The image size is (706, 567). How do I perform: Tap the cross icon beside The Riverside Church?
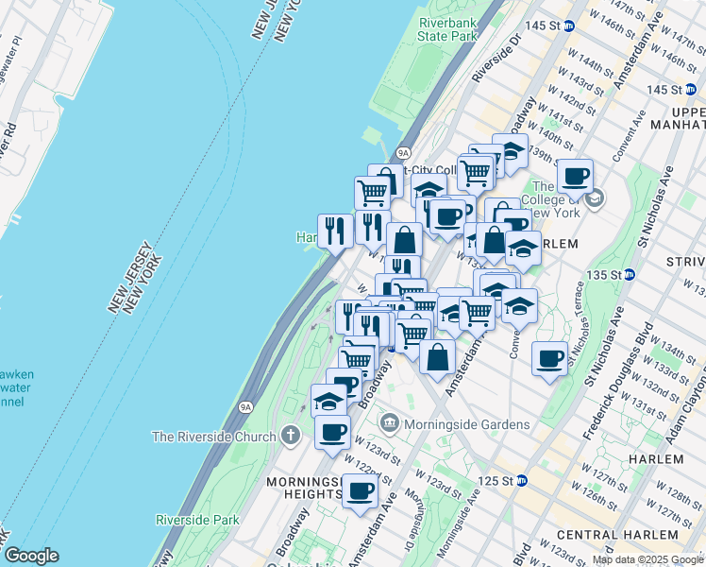(x=293, y=437)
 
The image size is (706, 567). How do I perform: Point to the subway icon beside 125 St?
(x=522, y=481)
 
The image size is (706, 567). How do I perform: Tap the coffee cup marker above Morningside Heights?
(x=360, y=490)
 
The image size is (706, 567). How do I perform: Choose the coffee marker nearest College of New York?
(x=574, y=175)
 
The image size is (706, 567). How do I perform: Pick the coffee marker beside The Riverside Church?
(x=331, y=432)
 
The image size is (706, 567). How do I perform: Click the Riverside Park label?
(x=197, y=520)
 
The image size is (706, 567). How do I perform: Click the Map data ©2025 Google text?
(x=647, y=559)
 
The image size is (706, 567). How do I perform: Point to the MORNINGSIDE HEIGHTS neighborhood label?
(x=303, y=488)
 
